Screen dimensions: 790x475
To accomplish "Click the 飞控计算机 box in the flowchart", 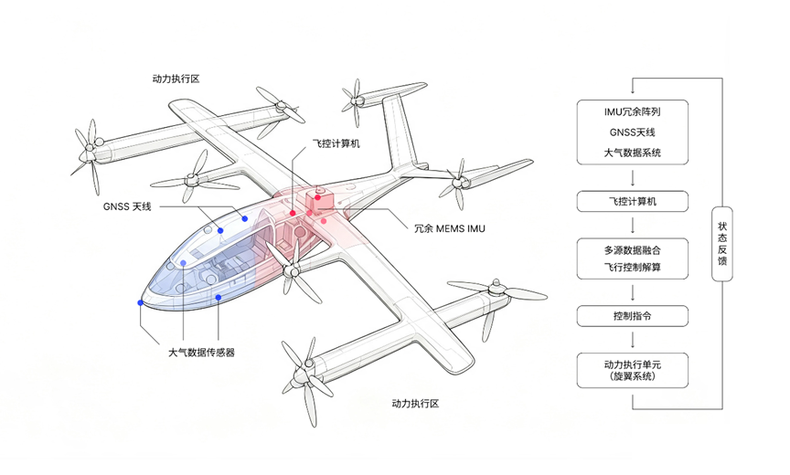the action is coord(633,201).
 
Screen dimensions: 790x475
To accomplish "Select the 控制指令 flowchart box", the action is coord(633,316).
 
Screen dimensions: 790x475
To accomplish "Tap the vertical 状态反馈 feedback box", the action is coord(722,244).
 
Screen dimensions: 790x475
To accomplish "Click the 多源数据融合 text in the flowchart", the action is coord(633,250).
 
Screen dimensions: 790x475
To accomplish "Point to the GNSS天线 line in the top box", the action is coord(633,132).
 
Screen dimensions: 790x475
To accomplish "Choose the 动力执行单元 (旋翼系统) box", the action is coord(633,370).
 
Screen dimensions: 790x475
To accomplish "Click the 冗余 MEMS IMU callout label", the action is coord(450,228).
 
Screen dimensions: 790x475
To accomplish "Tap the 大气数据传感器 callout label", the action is coord(201,353).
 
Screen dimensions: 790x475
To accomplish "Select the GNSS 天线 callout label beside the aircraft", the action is coord(127,206).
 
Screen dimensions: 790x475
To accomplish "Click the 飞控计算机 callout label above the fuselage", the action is coord(336,143).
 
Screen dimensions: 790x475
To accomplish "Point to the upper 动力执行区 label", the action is coord(176,79).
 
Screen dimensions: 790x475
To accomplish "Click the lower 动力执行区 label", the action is coord(415,403).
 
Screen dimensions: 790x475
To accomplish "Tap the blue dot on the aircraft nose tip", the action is coord(141,302).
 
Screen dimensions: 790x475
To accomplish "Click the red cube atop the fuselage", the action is coord(318,200).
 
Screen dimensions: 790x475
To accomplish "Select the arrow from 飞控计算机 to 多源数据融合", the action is coord(633,225).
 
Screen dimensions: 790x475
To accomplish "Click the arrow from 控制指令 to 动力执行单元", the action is coord(633,340).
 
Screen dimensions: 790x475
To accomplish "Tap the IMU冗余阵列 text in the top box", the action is coord(633,111).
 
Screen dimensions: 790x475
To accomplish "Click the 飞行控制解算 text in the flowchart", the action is coord(633,267).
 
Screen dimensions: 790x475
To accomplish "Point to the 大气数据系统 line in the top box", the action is coord(633,153).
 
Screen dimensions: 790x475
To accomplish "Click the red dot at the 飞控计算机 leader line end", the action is coord(293,214).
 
